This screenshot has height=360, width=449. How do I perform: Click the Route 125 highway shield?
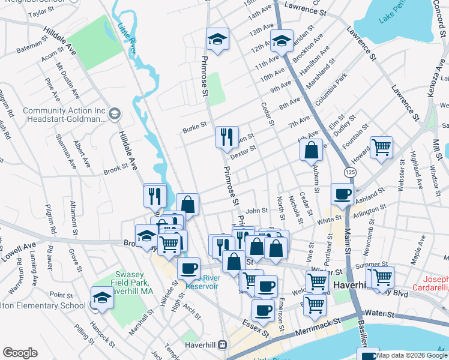pos(349,172)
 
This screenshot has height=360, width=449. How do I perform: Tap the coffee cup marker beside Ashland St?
pos(342,194)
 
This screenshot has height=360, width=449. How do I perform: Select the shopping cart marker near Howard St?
pos(381,147)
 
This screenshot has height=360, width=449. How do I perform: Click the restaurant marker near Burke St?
pos(227,137)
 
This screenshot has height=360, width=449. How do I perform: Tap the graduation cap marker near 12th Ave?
pos(281,41)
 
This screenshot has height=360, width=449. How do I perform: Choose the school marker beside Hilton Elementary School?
pos(101,298)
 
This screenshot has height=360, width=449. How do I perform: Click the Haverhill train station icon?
pos(223,344)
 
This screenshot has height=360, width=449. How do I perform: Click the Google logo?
pos(20,353)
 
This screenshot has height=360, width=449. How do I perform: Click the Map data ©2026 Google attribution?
pos(411,355)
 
